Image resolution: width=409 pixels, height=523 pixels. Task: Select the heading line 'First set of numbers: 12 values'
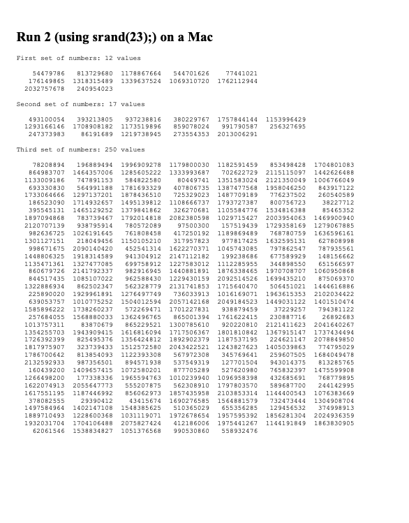[x=81, y=58]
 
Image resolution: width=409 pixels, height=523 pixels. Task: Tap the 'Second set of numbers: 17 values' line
[x=81, y=104]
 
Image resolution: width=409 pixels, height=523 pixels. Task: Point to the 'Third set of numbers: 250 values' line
[x=81, y=149]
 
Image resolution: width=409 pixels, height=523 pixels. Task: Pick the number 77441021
[x=241, y=73]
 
